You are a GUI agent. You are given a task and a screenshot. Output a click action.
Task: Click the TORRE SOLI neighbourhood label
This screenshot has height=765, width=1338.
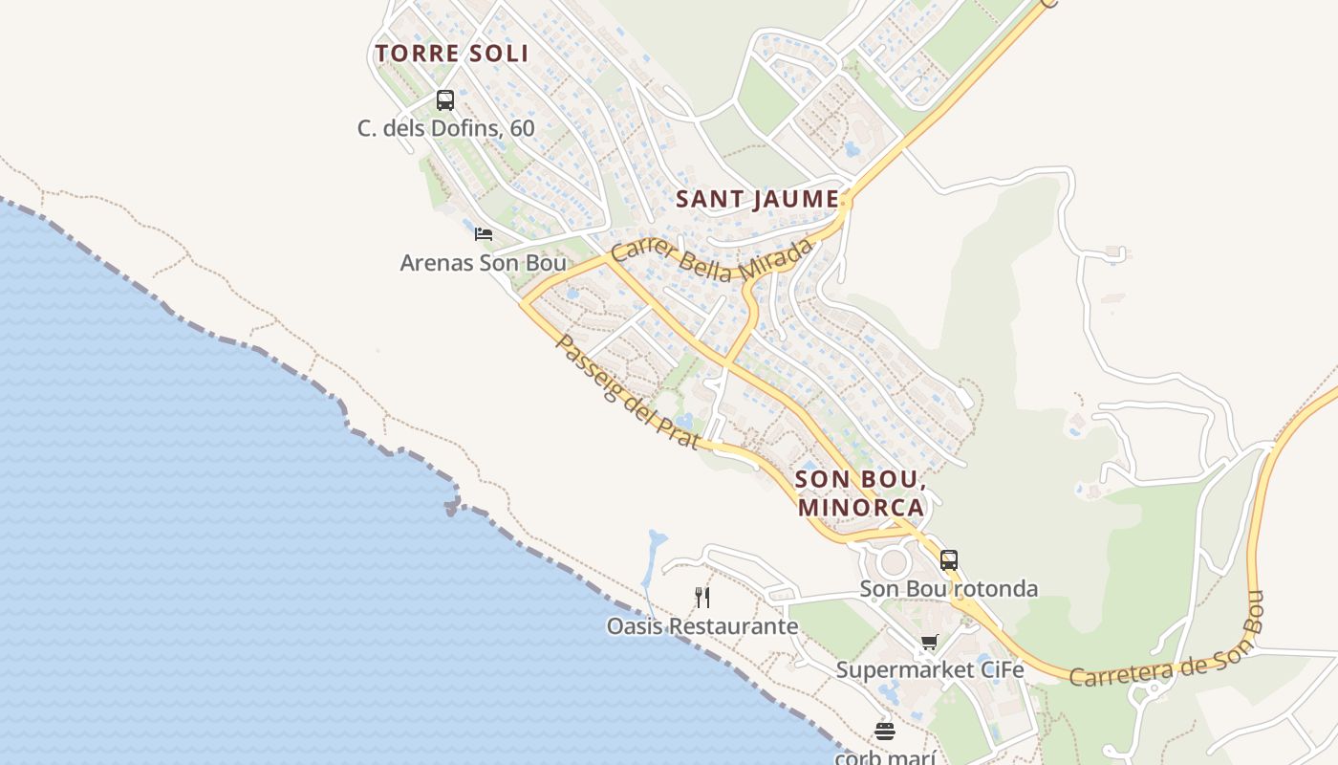pos(451,54)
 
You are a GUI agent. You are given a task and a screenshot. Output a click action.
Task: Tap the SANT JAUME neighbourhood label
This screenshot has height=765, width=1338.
pos(757,200)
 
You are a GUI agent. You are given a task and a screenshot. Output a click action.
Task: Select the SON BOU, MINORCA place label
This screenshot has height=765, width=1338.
pos(860,492)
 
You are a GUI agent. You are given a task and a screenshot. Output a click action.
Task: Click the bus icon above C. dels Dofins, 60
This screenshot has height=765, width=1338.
pos(444,99)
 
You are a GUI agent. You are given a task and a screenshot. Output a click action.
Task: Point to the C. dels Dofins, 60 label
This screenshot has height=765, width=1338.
pos(446,128)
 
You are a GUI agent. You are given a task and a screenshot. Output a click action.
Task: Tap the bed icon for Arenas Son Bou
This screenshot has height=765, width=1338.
pos(484,233)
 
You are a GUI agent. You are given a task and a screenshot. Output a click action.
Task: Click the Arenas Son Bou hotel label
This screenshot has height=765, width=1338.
pos(483,262)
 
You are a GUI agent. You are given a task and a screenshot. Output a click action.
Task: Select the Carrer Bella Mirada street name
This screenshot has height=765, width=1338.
pos(712,261)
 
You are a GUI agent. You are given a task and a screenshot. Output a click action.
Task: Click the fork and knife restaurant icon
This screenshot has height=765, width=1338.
pos(702,598)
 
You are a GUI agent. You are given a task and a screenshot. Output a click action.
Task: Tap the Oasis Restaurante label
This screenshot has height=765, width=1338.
pos(702,626)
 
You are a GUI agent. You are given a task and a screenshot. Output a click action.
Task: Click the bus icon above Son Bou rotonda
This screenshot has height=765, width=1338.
pos(948,560)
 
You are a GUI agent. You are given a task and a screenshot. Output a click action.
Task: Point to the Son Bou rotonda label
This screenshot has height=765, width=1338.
pos(948,589)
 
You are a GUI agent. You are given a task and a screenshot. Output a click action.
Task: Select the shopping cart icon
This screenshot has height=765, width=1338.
pos(929,642)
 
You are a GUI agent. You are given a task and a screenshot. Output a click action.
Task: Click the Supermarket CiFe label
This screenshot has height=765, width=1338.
pos(930,670)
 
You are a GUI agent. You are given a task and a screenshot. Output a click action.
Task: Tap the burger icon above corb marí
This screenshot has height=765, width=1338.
pos(885,732)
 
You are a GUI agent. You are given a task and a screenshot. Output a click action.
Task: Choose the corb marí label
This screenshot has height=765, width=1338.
pos(884,757)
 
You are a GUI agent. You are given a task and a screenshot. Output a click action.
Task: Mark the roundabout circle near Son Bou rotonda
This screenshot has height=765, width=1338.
pos(896,561)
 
